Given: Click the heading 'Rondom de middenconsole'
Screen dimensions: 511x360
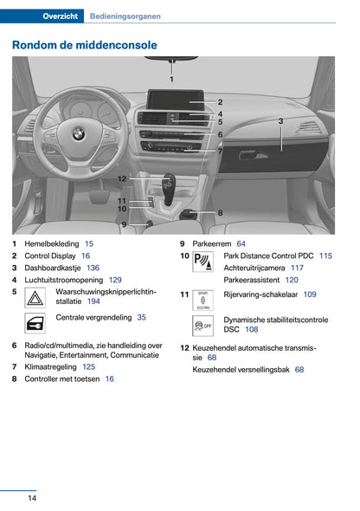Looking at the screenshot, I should point(85,44).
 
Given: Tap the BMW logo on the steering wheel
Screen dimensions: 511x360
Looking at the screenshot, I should point(78,133).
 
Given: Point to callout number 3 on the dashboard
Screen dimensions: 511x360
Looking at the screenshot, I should point(280,121).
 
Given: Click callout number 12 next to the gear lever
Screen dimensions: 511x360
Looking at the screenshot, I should point(123,178).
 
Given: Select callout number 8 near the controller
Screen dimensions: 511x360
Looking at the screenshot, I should point(220,212).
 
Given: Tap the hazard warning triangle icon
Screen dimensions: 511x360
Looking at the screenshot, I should point(38,297).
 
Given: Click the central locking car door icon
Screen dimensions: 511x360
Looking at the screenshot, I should point(38,323).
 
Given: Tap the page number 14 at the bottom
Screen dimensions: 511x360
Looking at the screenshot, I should point(31,497).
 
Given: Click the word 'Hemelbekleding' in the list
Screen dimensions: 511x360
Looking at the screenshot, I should point(51,244).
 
